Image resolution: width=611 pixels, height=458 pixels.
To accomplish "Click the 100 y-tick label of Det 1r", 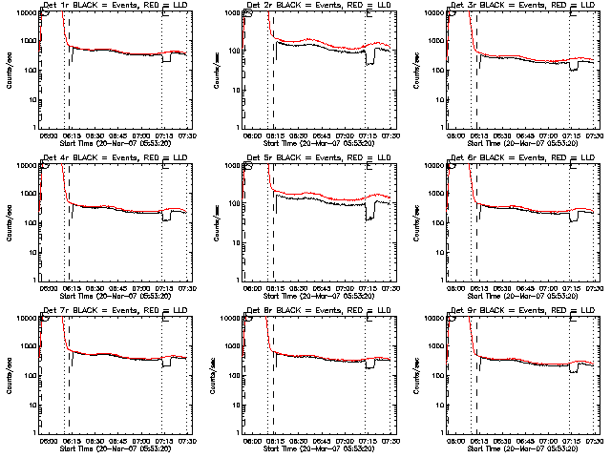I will [x=30, y=71].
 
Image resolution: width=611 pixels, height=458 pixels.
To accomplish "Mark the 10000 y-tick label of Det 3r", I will [x=432, y=12].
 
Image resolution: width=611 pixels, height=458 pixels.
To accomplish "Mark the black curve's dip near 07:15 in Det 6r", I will [x=575, y=219].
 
